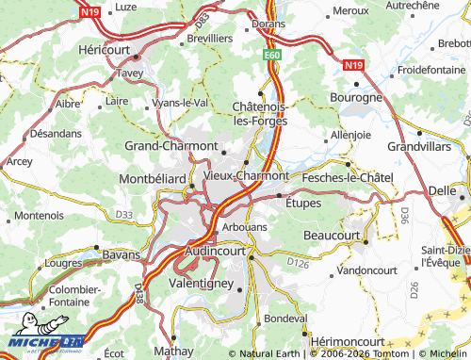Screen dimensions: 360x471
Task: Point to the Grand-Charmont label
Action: pos(171,146)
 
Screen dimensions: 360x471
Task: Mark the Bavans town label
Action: pos(120,255)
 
